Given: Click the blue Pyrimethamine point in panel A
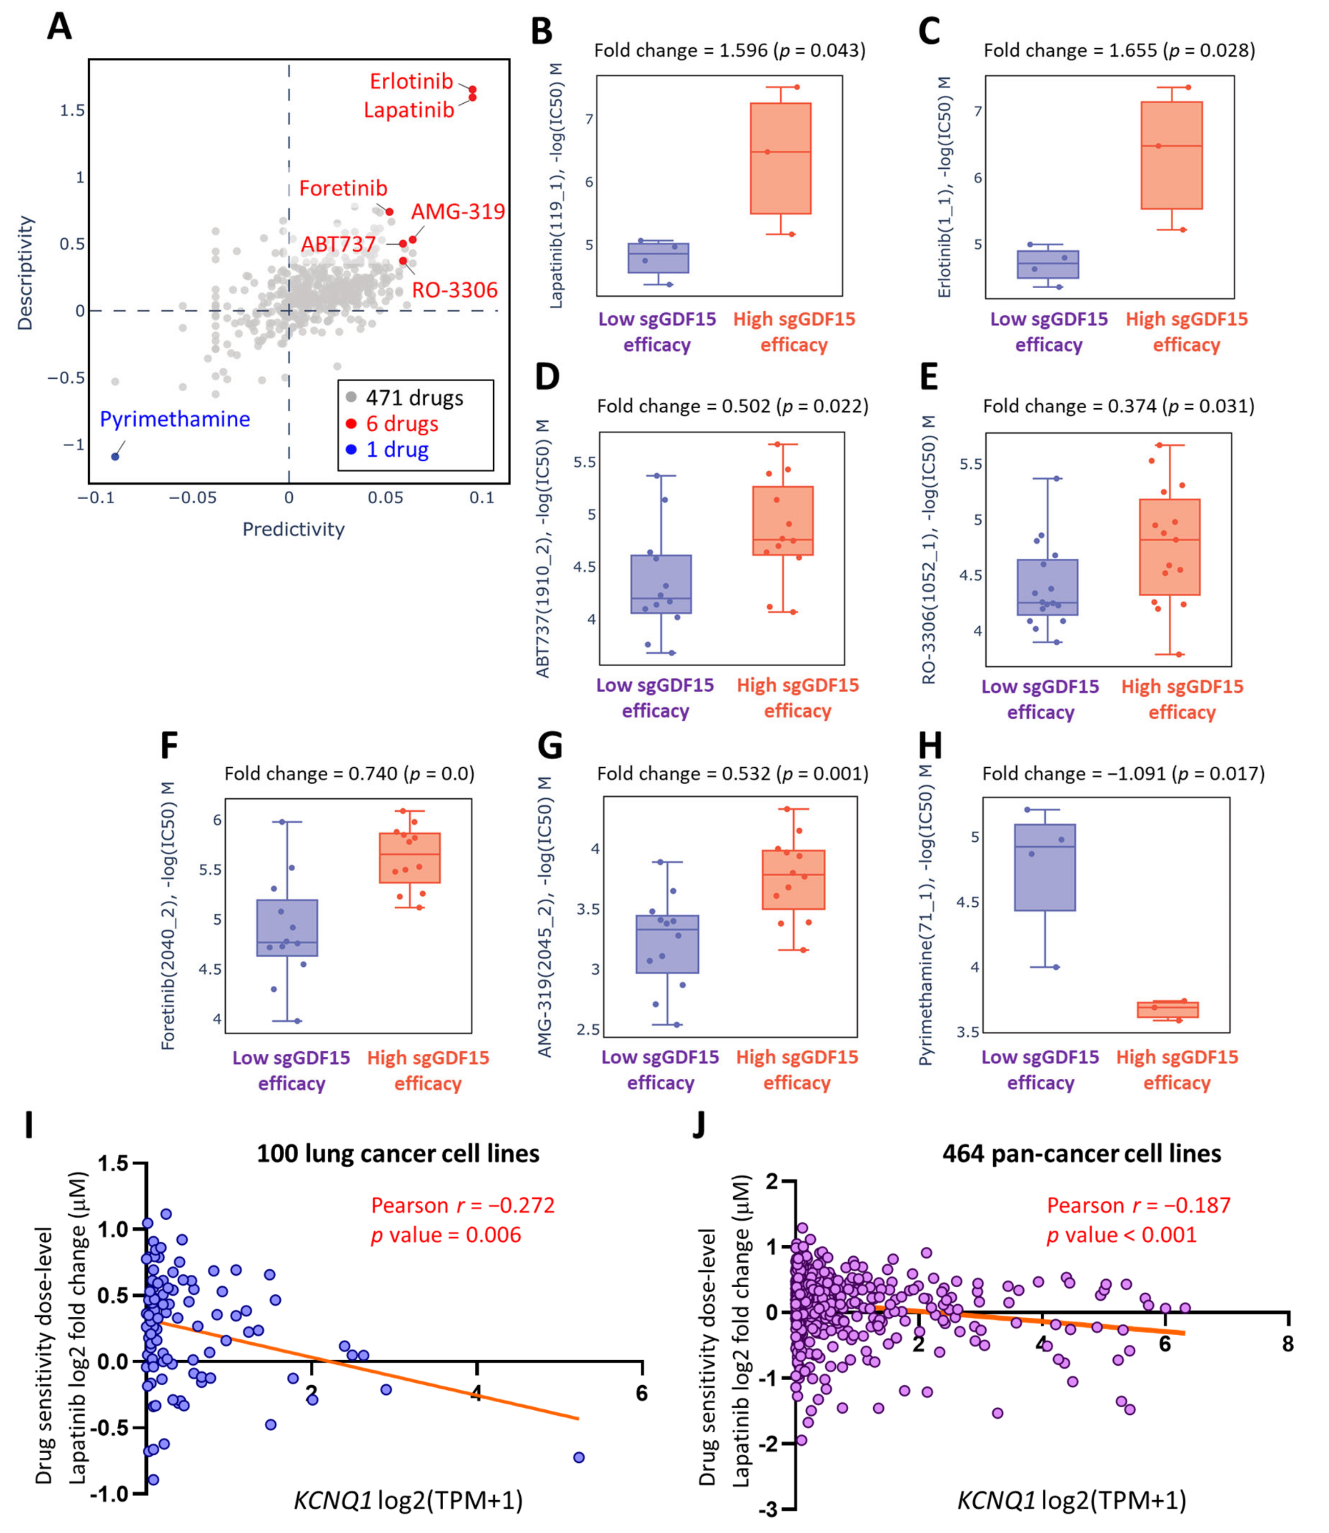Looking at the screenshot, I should coord(115,456).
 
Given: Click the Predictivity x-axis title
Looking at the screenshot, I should coord(294,529).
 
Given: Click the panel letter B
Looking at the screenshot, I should coord(542,31).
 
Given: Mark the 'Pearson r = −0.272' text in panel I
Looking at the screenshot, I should coord(463,1205).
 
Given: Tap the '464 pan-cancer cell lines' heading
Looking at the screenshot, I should coord(1081,1153).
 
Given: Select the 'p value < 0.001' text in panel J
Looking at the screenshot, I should coord(1121,1235).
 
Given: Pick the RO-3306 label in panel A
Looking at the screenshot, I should coord(455,290).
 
